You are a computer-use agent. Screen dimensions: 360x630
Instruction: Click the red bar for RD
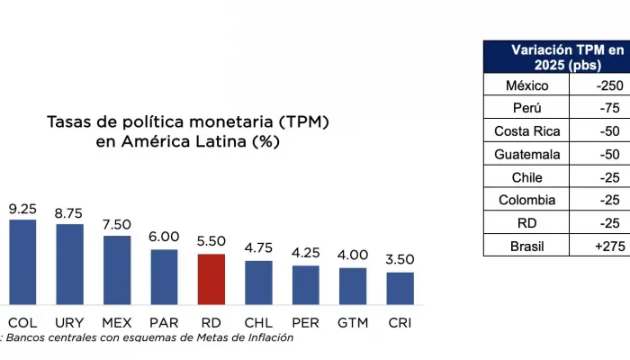[x=211, y=279]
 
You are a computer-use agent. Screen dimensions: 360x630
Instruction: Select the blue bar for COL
[x=22, y=261]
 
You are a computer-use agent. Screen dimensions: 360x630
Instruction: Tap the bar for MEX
[x=117, y=270]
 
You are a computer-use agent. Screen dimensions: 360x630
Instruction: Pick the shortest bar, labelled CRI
[x=400, y=288]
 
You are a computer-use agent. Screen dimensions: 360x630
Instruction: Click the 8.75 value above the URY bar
[x=69, y=214]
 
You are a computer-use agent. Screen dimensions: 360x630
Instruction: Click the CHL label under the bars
[x=258, y=321]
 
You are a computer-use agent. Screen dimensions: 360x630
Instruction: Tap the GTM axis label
[x=353, y=321]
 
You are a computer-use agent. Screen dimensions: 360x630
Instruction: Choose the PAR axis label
[x=164, y=321]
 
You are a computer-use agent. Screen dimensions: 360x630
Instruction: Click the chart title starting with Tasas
[x=187, y=131]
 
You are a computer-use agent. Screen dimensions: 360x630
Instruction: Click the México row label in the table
[x=526, y=85]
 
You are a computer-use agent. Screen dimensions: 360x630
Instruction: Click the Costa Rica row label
[x=526, y=131]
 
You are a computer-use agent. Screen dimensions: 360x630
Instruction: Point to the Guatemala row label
[x=526, y=154]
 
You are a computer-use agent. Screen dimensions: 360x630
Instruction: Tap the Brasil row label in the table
[x=526, y=245]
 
